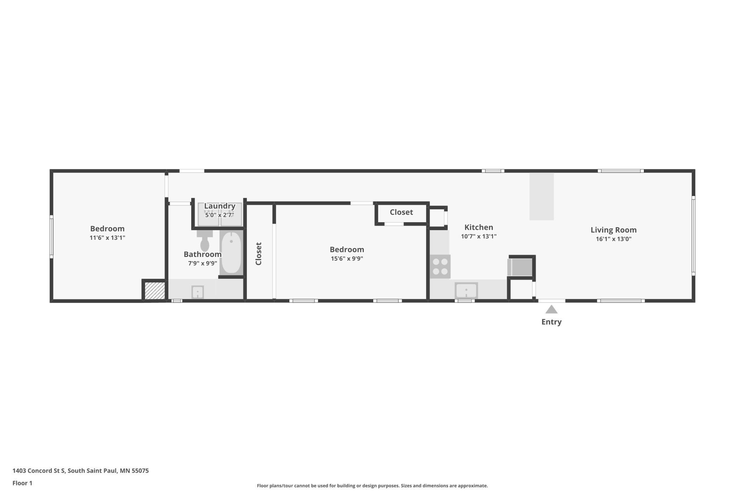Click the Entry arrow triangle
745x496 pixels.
point(551,310)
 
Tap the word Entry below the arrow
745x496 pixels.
point(551,322)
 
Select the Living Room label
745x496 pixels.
point(613,230)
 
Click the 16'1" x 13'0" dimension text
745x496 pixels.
point(613,239)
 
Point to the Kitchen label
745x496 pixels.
point(479,227)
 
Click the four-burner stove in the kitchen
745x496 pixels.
point(440,267)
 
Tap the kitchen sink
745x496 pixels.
point(466,290)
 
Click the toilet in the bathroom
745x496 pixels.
point(205,242)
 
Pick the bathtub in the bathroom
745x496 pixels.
point(231,253)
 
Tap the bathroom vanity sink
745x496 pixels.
point(197,292)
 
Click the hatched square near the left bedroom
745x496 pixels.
point(155,291)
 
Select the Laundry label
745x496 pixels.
point(220,206)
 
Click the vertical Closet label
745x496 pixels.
point(259,254)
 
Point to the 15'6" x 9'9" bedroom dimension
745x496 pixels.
point(347,259)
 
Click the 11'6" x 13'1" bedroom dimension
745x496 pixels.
point(107,238)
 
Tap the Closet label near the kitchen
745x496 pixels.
point(401,212)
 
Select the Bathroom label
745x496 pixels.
point(202,254)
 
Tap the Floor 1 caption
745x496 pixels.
point(22,483)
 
